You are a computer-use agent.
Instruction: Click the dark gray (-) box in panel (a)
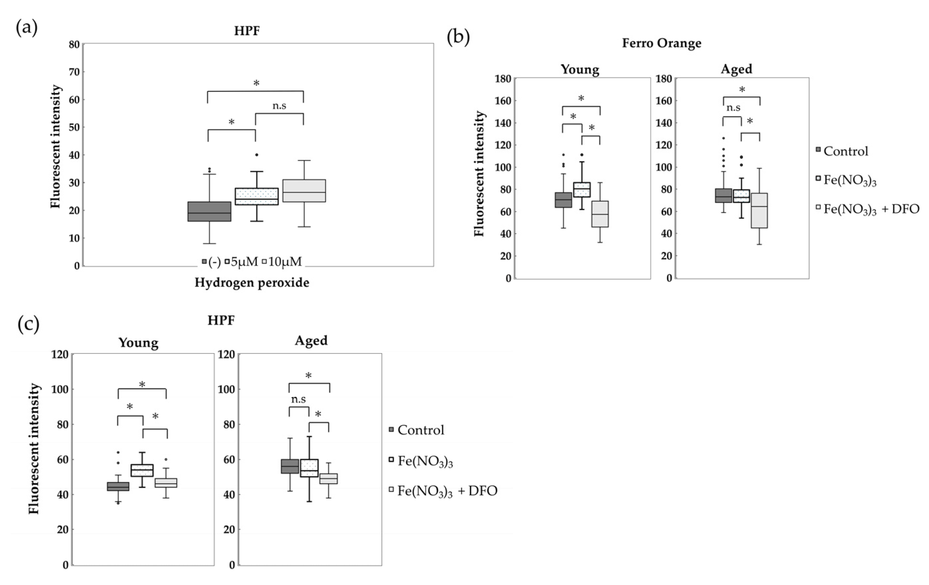209,211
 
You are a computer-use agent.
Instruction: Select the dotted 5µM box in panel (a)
256,196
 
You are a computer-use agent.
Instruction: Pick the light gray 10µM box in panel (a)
304,191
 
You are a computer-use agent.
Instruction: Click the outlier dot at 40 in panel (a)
256,155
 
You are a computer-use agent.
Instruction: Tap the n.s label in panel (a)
279,106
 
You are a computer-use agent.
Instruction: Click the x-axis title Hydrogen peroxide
251,283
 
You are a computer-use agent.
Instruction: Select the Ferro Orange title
661,43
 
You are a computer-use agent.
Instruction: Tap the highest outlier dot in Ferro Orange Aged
723,138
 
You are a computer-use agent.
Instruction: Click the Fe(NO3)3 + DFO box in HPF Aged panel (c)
328,479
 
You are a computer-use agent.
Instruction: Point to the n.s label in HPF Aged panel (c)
298,399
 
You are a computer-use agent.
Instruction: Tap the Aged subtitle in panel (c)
311,341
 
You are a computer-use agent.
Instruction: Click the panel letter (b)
458,37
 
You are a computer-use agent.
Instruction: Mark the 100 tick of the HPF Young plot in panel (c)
60,389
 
